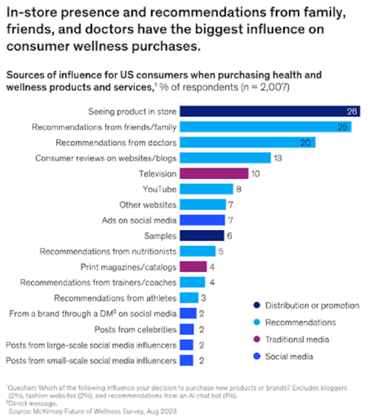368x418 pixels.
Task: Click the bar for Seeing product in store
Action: (269, 111)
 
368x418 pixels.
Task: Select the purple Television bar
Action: (214, 173)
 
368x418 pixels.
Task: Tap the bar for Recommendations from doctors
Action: (247, 142)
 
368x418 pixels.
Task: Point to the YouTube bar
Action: (206, 189)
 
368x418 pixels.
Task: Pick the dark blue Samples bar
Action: (202, 236)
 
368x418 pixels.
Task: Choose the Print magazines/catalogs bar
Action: (193, 267)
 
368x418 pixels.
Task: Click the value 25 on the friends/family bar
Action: (342, 127)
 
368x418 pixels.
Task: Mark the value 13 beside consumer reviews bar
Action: (277, 158)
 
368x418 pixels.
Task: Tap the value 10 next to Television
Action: (256, 173)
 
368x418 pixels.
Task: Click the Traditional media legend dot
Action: (257, 339)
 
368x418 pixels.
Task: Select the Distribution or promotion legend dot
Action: (257, 305)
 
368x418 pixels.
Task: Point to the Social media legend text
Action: (289, 356)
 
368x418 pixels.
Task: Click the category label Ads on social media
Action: (139, 220)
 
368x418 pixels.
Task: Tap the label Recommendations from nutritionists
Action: (108, 251)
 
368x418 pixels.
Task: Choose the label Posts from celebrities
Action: (135, 329)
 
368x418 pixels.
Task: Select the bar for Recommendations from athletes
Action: (189, 298)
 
